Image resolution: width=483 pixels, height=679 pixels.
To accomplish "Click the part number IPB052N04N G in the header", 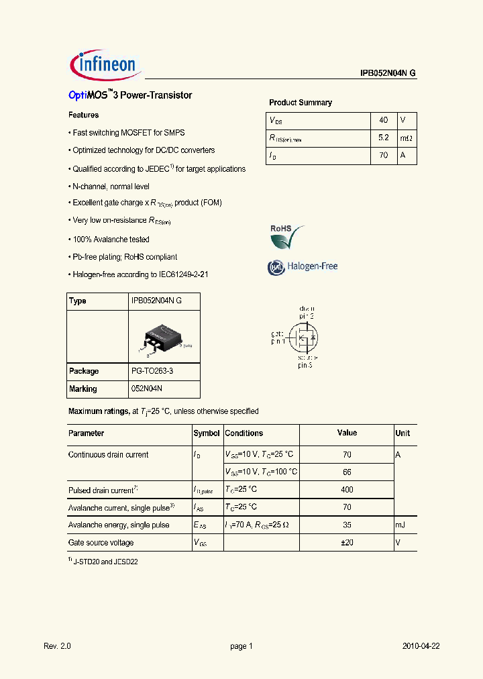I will pyautogui.click(x=388, y=74).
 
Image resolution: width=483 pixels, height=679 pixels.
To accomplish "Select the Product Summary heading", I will pyautogui.click(x=301, y=103).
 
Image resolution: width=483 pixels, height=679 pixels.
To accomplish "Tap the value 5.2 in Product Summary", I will pyautogui.click(x=384, y=138).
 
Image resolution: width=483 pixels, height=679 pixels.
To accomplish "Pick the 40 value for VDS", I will pyautogui.click(x=384, y=120).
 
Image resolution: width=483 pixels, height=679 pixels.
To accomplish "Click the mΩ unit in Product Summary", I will pyautogui.click(x=407, y=138).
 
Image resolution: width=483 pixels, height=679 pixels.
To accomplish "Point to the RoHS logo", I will pyautogui.click(x=287, y=236).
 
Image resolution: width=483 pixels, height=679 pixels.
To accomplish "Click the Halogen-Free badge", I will pyautogui.click(x=303, y=266).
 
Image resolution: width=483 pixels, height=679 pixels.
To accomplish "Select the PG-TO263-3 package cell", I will pyautogui.click(x=156, y=371).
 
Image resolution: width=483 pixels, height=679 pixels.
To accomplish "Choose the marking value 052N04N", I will pyautogui.click(x=147, y=389).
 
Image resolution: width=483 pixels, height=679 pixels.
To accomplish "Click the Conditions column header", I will pyautogui.click(x=244, y=433).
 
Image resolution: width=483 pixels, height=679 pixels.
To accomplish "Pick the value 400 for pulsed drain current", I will pyautogui.click(x=347, y=490).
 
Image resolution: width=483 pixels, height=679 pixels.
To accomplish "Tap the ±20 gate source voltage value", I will pyautogui.click(x=347, y=542).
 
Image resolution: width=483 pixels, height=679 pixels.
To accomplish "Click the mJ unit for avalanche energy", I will pyautogui.click(x=401, y=525).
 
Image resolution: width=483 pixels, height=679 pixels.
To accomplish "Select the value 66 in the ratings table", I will pyautogui.click(x=347, y=472).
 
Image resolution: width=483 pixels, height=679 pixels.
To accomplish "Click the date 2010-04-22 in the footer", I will pyautogui.click(x=421, y=646).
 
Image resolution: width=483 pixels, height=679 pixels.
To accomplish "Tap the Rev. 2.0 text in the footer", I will pyautogui.click(x=57, y=646).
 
